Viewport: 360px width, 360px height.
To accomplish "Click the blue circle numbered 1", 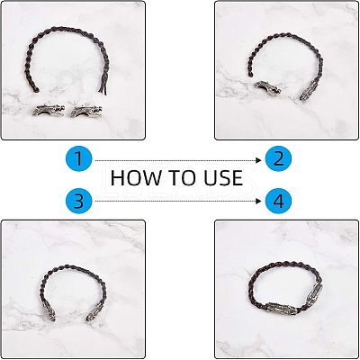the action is (x=78, y=158).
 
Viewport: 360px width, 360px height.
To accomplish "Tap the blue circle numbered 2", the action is (x=278, y=158).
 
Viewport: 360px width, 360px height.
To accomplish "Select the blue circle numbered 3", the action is (x=78, y=201).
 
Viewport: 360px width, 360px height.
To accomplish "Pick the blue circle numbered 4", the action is (x=278, y=201).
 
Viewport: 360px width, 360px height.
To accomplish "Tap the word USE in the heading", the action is (x=223, y=177).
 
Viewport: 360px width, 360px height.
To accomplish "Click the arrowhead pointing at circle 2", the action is (x=259, y=160).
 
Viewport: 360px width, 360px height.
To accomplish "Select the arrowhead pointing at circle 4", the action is (x=259, y=201).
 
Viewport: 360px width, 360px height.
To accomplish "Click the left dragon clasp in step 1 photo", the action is (x=49, y=111).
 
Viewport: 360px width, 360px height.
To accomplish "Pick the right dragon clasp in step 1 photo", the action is (x=86, y=111).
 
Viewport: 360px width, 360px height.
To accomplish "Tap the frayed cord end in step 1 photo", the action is (x=103, y=87).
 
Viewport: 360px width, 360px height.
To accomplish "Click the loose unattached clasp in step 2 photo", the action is (x=267, y=87).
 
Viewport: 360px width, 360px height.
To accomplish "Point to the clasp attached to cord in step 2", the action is (x=309, y=90).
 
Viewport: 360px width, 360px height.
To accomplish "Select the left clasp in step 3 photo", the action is (x=49, y=311).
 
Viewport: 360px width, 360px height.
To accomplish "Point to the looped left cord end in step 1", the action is (x=34, y=88).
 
